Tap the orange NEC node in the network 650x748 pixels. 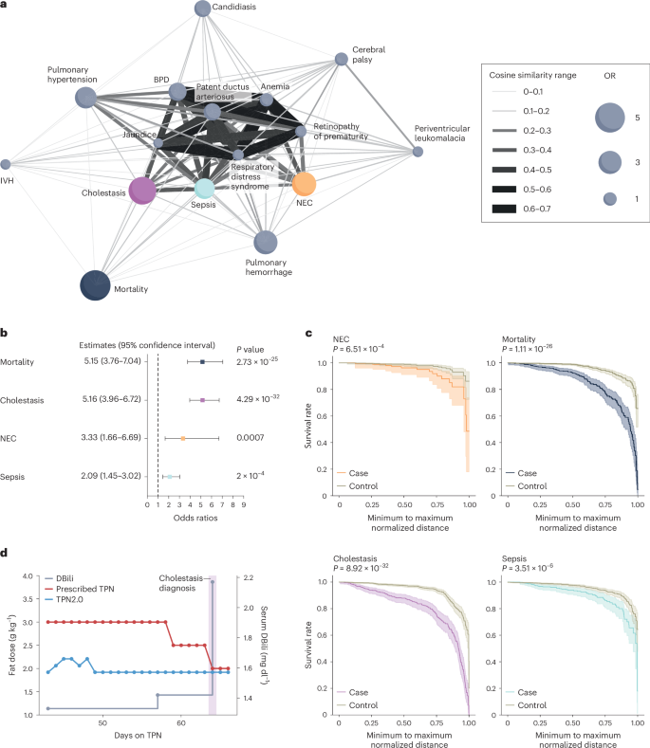(304, 184)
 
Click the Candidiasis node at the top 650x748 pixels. (202, 9)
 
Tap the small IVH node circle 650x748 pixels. (6, 165)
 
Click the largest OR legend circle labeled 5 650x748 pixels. (610, 116)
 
